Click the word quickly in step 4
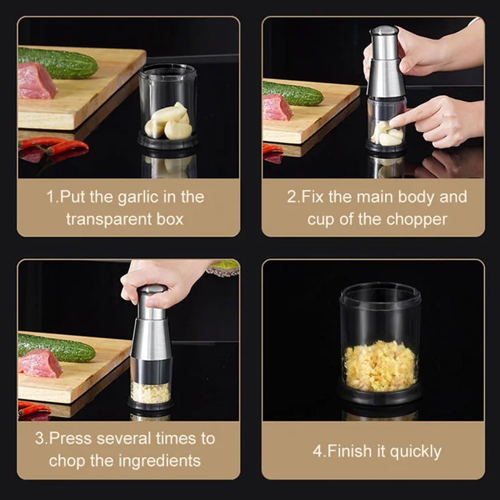tap(413, 451)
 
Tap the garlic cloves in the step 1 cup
tap(168, 122)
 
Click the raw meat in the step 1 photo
tap(36, 81)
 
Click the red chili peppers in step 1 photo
tap(53, 147)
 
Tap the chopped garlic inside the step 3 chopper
tap(150, 392)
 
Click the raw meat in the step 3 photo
tap(41, 363)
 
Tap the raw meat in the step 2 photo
tap(277, 107)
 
